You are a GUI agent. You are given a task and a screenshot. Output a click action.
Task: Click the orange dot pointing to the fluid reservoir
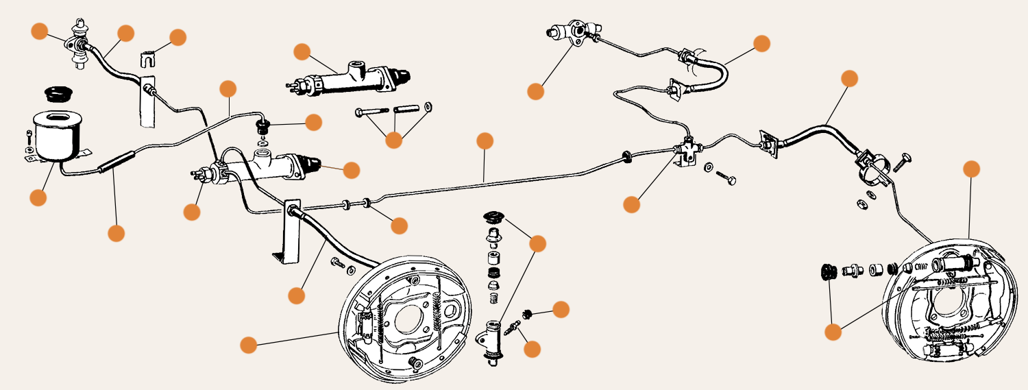click(x=38, y=198)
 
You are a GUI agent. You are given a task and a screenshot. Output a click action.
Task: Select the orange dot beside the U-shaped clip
click(x=178, y=37)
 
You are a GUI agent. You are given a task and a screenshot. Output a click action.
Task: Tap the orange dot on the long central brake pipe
click(x=485, y=141)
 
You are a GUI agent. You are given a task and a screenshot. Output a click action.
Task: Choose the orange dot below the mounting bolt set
click(x=393, y=140)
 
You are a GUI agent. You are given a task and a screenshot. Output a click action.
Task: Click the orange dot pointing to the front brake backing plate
click(x=249, y=344)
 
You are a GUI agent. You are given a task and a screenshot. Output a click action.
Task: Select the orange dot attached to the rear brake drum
click(x=972, y=169)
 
